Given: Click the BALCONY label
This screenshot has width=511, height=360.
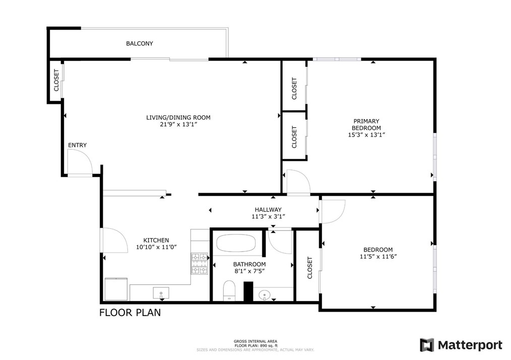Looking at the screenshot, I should tap(139, 44).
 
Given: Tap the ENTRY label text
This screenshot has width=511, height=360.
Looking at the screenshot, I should tap(77, 145).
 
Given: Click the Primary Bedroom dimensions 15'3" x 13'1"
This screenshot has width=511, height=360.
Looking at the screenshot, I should tap(366, 135).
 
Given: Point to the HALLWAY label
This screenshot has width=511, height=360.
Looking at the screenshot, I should tap(268, 210).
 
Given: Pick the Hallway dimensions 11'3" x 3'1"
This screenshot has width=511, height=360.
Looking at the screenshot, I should tap(268, 217).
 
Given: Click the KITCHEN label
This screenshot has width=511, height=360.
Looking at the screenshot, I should tap(156, 241).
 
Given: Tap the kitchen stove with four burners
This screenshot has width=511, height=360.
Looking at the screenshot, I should tap(200, 263).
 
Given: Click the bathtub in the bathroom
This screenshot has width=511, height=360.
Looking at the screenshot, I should tap(236, 245).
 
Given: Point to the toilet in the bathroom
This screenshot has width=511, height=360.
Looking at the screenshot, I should tap(230, 290).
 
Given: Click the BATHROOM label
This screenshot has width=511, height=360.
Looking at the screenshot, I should tap(249, 264).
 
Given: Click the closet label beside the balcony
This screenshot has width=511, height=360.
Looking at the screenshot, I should tap(56, 80).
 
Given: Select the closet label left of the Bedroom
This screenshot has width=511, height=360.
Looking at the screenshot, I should tap(309, 268).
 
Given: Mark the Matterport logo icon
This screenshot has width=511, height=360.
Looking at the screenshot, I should tap(427, 345).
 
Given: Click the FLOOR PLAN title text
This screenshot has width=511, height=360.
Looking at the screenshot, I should tap(130, 313).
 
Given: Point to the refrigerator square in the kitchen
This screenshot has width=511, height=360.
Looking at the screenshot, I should tap(116, 288).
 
